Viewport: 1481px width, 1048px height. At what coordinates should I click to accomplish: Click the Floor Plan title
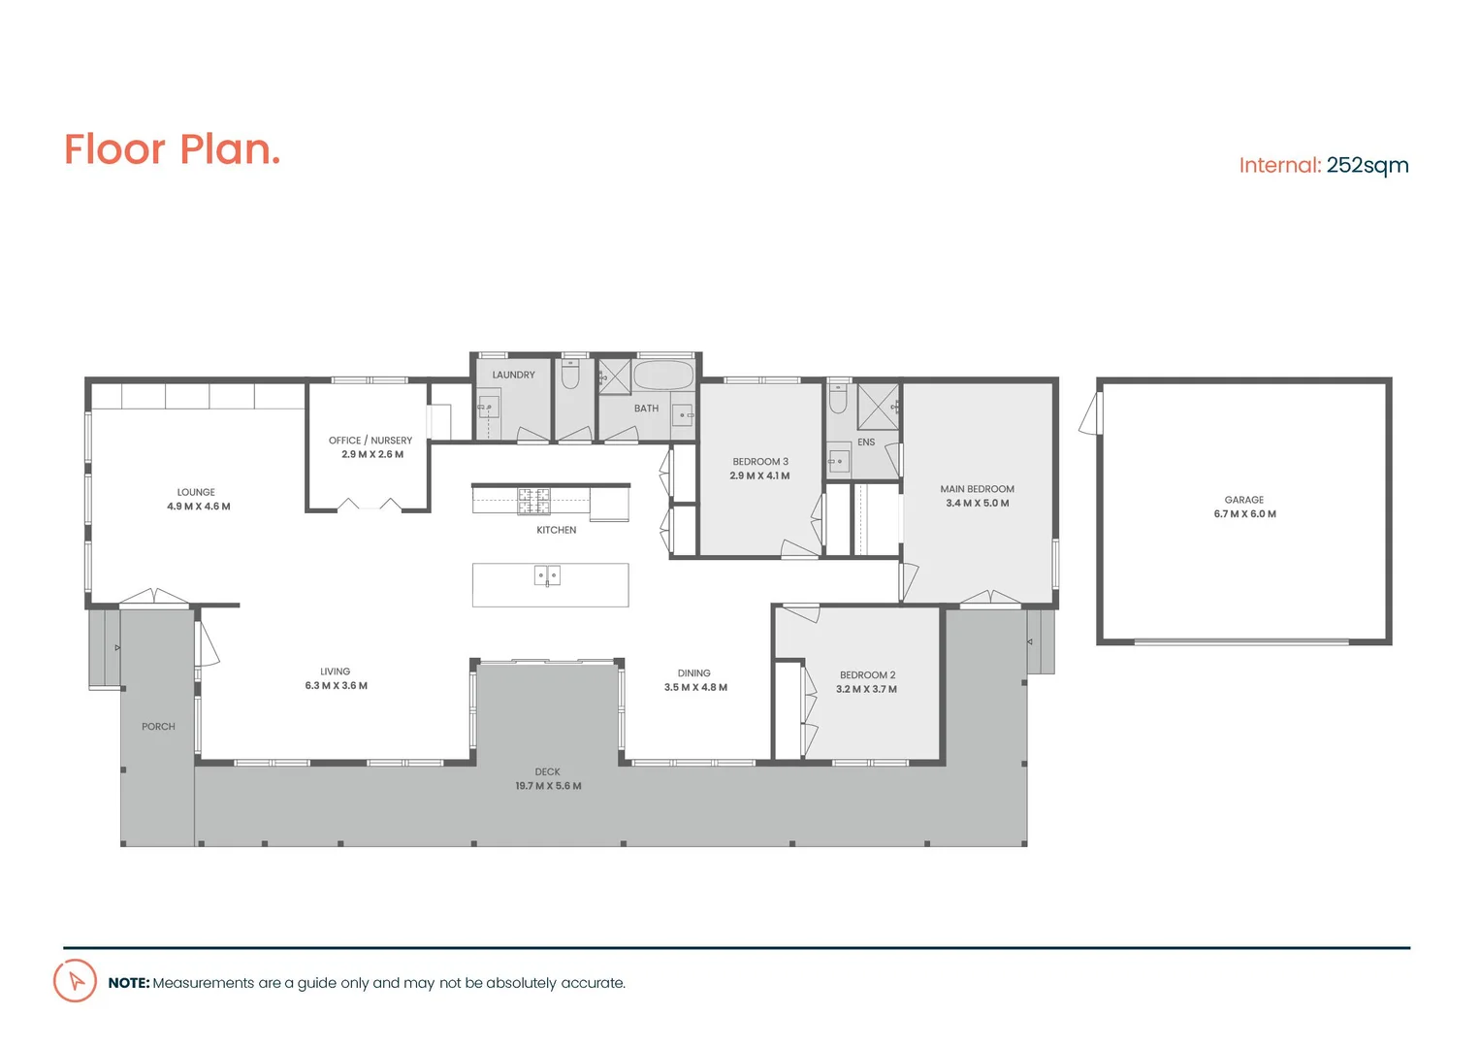[172, 150]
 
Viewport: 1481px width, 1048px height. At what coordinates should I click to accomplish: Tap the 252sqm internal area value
[1367, 165]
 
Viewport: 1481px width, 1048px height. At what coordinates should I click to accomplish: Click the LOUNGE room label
[196, 492]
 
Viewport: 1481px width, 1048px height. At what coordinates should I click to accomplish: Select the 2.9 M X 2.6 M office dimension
[372, 454]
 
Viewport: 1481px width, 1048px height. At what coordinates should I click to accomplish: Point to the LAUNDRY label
[513, 375]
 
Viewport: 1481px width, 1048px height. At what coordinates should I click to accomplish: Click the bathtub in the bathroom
[663, 375]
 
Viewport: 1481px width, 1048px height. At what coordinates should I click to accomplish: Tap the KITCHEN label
[556, 530]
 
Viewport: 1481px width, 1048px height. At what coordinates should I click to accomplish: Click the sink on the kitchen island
[547, 575]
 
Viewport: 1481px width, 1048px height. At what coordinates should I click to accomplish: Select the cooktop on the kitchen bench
[532, 501]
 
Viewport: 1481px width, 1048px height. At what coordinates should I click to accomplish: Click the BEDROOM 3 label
[760, 462]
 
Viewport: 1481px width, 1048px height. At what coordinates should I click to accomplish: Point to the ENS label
[866, 442]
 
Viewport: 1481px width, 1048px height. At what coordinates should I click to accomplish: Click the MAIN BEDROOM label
[977, 489]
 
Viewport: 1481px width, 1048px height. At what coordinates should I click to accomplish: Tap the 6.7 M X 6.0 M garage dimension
[1244, 514]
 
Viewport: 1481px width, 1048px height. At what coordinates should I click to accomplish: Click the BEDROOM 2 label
[867, 675]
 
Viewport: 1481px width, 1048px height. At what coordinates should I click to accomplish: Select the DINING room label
[693, 673]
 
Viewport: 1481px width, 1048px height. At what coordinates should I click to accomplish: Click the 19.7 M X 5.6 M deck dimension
[548, 786]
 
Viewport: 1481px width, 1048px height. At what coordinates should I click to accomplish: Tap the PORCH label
[158, 727]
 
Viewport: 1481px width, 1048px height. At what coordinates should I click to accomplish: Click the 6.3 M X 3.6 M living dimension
[336, 686]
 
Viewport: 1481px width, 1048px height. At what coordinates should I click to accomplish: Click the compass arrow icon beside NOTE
[75, 981]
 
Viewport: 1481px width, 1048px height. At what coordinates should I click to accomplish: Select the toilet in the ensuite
[838, 398]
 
